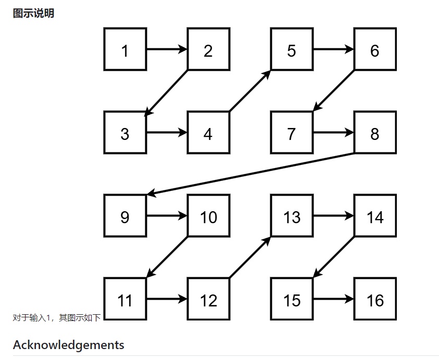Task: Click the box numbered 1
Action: [125, 50]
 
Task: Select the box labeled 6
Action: [375, 50]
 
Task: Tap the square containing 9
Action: [125, 216]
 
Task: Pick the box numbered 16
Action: [375, 300]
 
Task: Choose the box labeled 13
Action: [292, 216]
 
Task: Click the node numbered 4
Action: [208, 133]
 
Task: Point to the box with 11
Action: [125, 300]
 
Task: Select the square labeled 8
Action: [375, 133]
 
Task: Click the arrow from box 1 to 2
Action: [167, 50]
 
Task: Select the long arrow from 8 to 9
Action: [250, 174]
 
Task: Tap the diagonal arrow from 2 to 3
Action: [167, 92]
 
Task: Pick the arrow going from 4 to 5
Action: [250, 91]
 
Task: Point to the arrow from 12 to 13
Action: [250, 258]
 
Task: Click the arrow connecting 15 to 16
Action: [333, 300]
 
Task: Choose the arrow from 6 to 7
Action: [333, 92]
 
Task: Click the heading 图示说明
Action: [33, 14]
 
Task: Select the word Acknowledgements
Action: [69, 345]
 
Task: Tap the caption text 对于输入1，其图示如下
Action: [56, 317]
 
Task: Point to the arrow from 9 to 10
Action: [167, 216]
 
